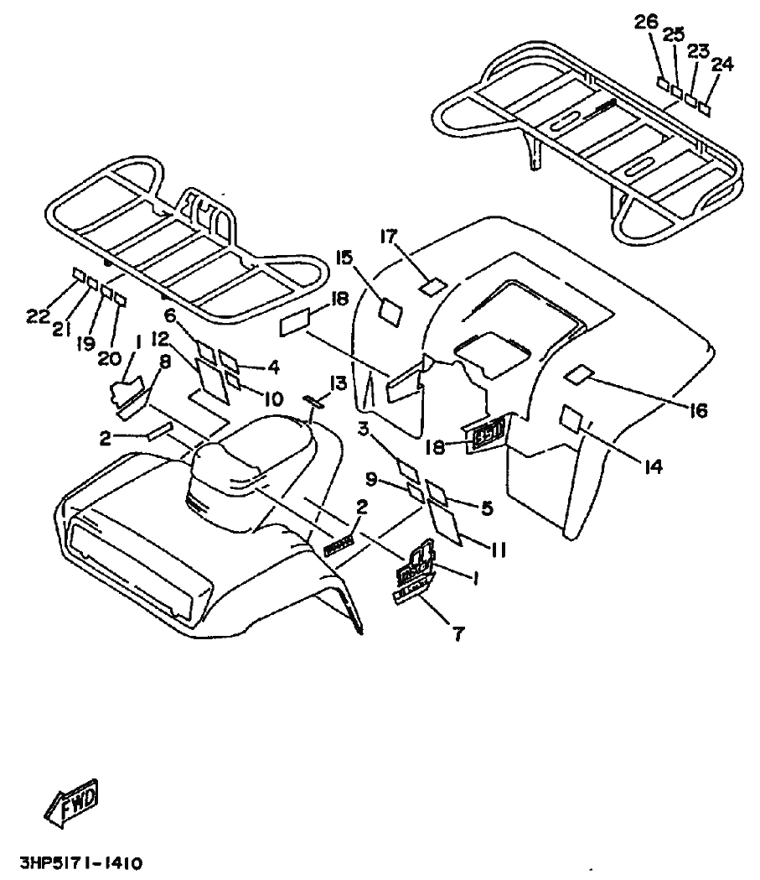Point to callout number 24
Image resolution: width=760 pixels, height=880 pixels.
tap(722, 63)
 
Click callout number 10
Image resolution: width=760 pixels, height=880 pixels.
tap(269, 399)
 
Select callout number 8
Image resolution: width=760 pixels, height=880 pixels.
tap(164, 362)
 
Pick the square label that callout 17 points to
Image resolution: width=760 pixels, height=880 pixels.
tap(432, 286)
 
